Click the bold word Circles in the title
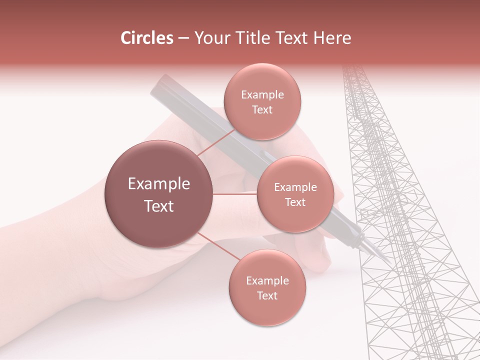click(147, 38)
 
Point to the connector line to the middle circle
click(235, 194)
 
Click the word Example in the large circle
click(159, 184)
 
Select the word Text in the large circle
click(159, 206)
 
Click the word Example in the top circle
click(262, 95)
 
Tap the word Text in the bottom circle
click(267, 295)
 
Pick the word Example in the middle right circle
click(295, 187)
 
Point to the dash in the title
click(183, 38)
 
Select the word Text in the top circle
click(262, 110)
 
